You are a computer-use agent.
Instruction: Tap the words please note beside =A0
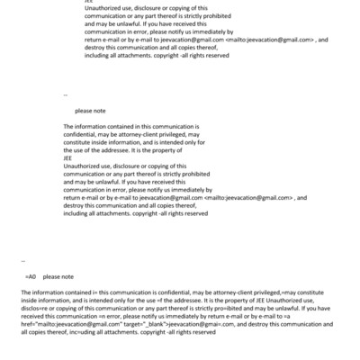(x=58, y=277)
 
